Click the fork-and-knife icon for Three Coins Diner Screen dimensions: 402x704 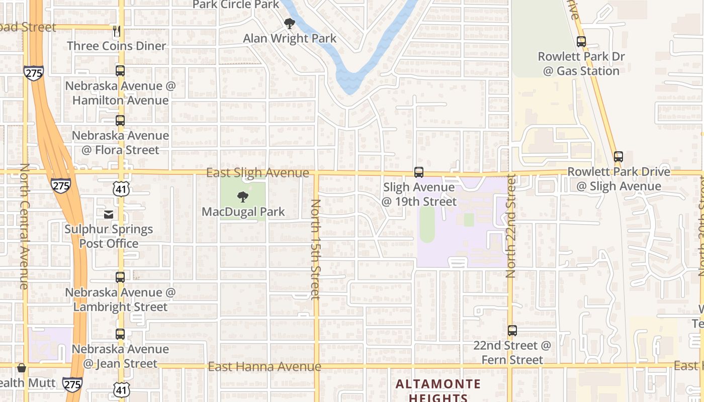tap(117, 31)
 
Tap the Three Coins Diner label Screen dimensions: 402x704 tap(116, 46)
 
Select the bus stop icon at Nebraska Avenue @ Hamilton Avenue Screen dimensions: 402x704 tap(120, 71)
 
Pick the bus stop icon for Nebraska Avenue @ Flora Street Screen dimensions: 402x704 tap(120, 121)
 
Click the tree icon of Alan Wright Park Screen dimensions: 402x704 tap(289, 24)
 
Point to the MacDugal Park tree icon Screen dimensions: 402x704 tap(243, 196)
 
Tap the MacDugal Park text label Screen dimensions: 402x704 tap(243, 212)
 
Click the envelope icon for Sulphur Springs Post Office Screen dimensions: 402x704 tap(109, 215)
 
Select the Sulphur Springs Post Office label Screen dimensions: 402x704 tap(109, 236)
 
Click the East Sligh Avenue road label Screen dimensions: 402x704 tap(257, 173)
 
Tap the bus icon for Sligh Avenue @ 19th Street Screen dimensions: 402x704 tap(419, 172)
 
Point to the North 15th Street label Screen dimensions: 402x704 tap(316, 249)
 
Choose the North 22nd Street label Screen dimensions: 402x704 tap(511, 226)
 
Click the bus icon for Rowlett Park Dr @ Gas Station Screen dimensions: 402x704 tap(581, 42)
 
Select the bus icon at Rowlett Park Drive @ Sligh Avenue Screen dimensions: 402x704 tap(619, 157)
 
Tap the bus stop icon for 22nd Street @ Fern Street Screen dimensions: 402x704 tap(512, 331)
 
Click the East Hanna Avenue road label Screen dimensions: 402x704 tap(265, 367)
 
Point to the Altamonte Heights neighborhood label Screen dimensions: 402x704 tap(438, 391)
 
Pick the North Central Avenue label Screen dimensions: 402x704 tap(24, 226)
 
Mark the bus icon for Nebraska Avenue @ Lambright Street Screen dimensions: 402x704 tap(120, 277)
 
